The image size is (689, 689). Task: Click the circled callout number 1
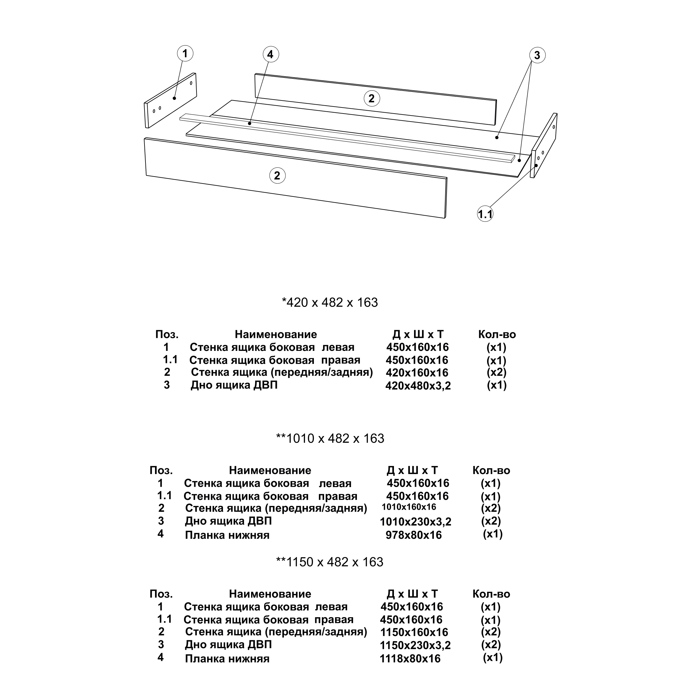185,54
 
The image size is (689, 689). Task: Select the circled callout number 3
537,55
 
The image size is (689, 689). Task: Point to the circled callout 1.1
485,214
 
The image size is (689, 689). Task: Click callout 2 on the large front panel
277,175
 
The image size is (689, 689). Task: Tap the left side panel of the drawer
170,100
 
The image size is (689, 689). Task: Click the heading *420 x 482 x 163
330,302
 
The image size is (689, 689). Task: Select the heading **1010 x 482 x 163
330,438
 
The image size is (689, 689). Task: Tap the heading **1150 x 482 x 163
330,562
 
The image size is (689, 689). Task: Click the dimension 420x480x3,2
418,386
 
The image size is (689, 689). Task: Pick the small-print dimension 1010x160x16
409,507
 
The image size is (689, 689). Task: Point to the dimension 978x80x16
414,535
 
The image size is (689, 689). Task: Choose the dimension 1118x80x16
410,658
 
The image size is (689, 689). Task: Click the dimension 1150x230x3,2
415,645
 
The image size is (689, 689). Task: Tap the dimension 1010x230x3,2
415,522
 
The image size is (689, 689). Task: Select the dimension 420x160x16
417,373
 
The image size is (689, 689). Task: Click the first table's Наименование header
276,334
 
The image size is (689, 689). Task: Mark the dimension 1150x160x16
414,632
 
